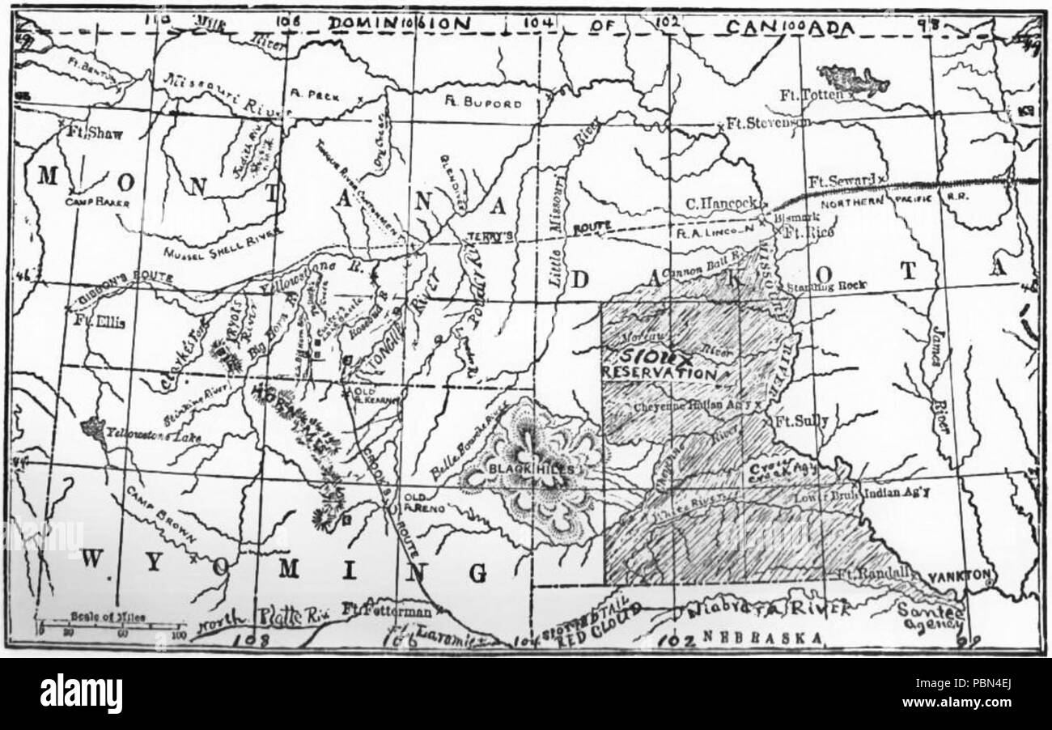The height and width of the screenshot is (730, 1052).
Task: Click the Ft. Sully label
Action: [x=797, y=422]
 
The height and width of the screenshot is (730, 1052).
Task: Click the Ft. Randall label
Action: [x=869, y=575]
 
